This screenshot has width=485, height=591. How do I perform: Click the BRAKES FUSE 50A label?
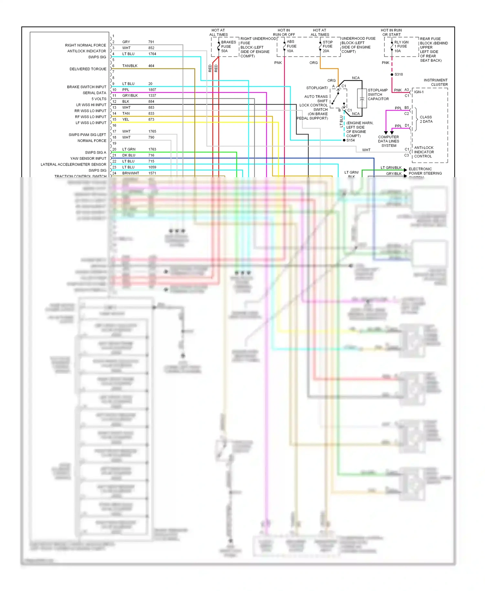click(228, 47)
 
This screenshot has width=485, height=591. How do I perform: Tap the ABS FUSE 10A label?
click(291, 46)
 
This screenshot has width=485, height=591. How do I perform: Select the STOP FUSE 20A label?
click(327, 46)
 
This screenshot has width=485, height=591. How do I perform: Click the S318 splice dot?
click(392, 74)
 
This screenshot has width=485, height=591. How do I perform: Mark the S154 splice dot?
click(344, 140)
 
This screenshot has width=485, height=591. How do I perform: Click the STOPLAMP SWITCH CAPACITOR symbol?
click(362, 98)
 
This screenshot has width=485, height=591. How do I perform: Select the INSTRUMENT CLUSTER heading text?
click(436, 82)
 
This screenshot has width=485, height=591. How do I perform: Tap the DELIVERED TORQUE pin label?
click(88, 69)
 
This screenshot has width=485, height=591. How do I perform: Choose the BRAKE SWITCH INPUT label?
click(86, 87)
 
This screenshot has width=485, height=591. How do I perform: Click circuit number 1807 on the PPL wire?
click(152, 90)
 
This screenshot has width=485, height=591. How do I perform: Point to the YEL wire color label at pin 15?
click(125, 119)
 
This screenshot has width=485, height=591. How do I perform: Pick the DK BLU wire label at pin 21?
click(129, 155)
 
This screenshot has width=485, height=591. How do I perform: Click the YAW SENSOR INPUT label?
click(88, 158)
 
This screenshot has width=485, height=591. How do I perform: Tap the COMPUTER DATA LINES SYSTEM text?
click(388, 141)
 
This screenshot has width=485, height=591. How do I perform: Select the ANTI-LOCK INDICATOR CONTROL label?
click(424, 152)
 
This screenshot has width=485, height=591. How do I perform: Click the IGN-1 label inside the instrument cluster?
click(419, 92)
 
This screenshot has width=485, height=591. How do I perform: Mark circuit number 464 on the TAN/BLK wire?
click(151, 66)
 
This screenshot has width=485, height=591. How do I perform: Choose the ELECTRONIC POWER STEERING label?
click(425, 171)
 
